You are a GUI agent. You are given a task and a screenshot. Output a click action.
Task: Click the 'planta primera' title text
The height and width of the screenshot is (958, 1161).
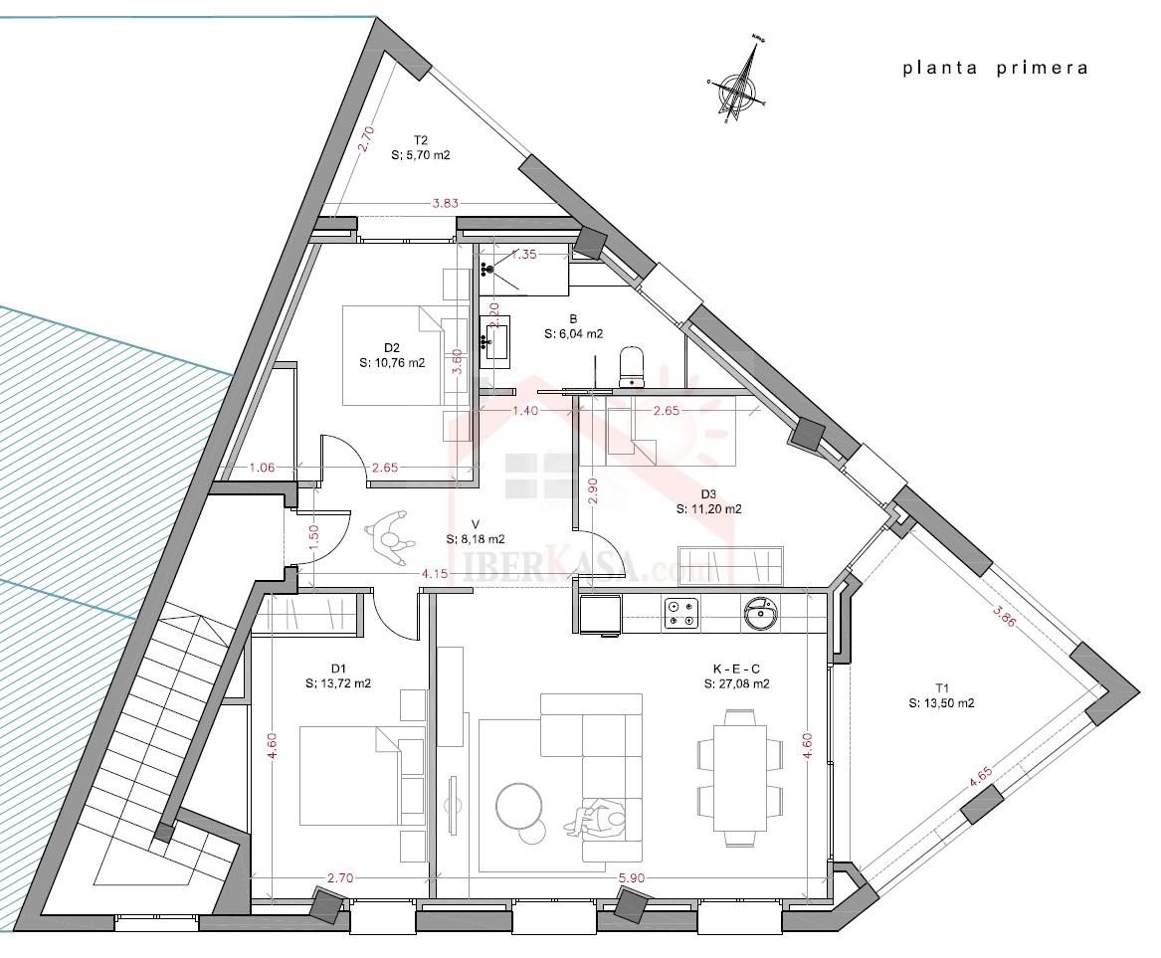995,69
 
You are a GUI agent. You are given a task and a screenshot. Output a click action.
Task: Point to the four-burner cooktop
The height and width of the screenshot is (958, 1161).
680,613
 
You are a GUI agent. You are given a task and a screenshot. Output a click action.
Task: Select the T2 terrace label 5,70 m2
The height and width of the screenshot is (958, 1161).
421,147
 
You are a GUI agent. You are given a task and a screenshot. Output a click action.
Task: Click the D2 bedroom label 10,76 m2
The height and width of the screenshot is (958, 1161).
391,356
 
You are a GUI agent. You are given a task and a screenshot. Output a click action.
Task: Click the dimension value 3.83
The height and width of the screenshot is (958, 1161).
445,203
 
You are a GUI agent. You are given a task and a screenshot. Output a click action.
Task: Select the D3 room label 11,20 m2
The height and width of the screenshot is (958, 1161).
708,501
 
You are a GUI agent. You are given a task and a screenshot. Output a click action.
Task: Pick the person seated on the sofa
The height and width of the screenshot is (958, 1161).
600,818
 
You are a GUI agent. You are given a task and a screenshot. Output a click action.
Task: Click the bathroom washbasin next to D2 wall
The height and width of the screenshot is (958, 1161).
495,340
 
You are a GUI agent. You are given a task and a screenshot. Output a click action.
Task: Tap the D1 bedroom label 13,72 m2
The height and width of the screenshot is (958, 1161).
338,676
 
